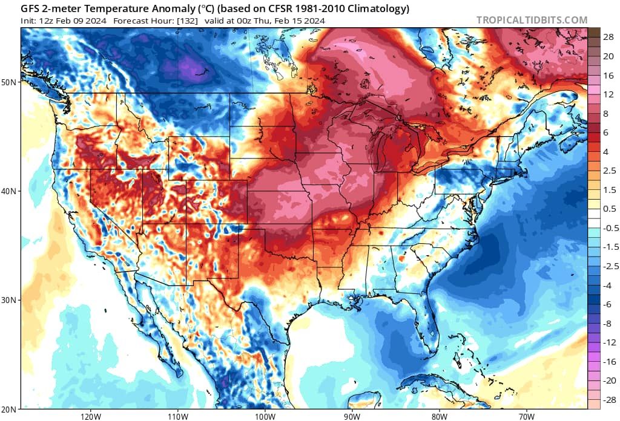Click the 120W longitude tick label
(90, 416)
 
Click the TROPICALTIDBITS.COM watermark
(532, 20)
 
